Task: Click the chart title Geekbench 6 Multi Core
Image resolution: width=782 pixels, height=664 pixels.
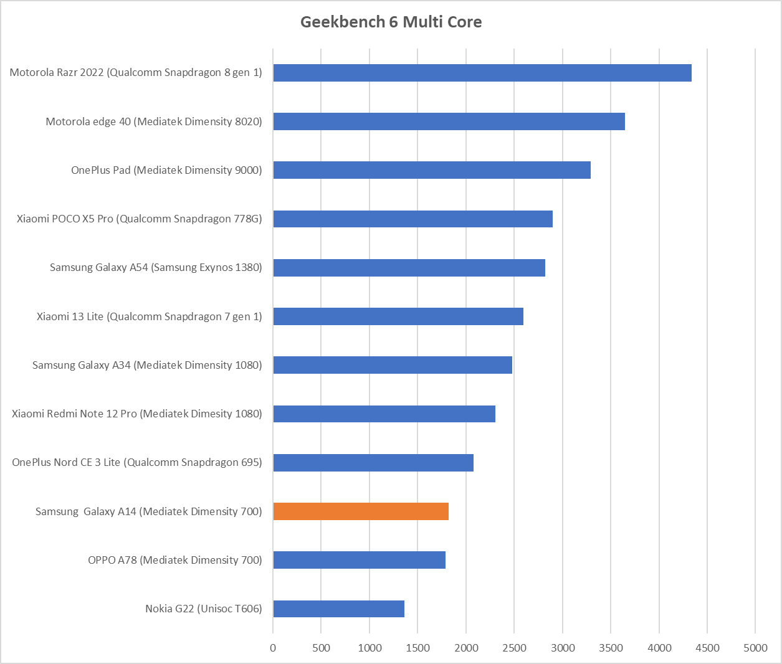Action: [x=391, y=22]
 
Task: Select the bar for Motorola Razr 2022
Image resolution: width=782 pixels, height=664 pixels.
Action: [x=482, y=73]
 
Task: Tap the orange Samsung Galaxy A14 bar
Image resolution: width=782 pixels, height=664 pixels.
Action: [x=361, y=511]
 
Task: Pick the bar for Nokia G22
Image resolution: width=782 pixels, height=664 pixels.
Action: [x=338, y=609]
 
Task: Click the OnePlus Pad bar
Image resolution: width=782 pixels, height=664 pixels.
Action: [x=431, y=170]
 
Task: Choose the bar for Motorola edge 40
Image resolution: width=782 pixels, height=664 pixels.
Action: [x=449, y=121]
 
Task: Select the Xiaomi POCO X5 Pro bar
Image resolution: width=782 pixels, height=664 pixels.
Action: [x=412, y=219]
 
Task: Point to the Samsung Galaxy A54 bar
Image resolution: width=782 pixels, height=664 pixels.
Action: [x=409, y=268]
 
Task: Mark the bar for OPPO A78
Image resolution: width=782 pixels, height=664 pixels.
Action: [x=359, y=560]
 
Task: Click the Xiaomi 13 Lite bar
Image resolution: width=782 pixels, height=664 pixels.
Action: [x=398, y=316]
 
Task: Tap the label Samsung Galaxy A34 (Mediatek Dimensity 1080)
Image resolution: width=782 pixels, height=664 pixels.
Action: [x=147, y=365]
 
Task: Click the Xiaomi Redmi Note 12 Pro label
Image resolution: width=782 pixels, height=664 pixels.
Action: [x=136, y=414]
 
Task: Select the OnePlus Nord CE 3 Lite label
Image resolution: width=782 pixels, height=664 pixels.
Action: [x=136, y=462]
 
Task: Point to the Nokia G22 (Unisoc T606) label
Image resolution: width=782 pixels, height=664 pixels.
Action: [x=203, y=609]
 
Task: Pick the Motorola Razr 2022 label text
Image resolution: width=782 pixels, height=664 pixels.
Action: [x=136, y=73]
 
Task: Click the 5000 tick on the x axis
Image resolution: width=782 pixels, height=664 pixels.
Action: [x=755, y=648]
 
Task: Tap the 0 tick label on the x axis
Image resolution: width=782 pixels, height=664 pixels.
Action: [x=273, y=648]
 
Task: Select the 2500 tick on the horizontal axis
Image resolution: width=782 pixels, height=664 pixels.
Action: [x=514, y=648]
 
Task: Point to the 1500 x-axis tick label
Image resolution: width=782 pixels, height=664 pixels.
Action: [x=417, y=648]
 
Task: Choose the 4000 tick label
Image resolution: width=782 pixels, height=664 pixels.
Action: [x=659, y=648]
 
